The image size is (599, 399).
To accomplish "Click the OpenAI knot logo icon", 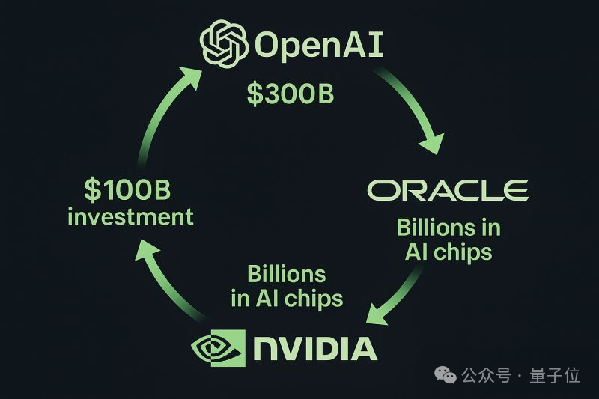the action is coord(224,43).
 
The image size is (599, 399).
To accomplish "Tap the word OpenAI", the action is coord(319,44).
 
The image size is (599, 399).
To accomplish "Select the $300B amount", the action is coord(291,94).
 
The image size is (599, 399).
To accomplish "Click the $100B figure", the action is coord(127,189).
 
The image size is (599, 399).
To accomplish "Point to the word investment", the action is coord(130,216).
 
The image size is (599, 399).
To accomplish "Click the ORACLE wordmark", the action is coord(448,190).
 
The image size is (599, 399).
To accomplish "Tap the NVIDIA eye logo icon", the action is coord(218,348).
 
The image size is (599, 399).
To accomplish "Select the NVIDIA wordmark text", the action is coord(315,348).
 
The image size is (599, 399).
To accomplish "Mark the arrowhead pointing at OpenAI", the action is coord(190,77).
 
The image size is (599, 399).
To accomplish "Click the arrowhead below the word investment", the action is coord(146,249).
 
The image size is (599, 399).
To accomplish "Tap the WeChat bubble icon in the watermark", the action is coord(446,375).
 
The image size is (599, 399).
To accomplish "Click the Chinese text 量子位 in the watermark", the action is coord(555,375).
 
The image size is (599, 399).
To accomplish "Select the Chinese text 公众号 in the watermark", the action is coord(486,375).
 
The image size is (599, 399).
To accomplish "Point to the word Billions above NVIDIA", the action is coord(287,274).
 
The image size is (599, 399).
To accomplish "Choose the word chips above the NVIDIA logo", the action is coord(314,299).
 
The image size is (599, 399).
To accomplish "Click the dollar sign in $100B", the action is coord(91,189).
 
